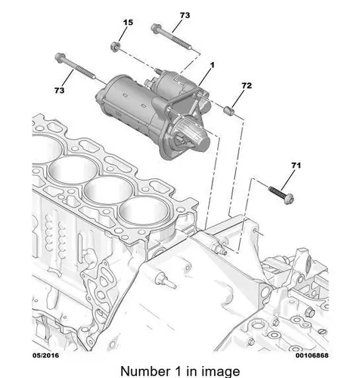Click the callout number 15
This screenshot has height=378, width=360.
click(x=128, y=23)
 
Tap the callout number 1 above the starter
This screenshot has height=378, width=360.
click(x=213, y=65)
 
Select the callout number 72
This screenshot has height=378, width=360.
click(x=247, y=85)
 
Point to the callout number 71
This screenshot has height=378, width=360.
click(x=296, y=166)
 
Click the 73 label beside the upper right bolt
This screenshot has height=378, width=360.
click(x=185, y=15)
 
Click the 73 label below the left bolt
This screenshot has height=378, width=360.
click(x=60, y=90)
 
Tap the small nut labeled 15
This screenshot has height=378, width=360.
click(x=115, y=47)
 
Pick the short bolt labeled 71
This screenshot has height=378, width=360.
click(x=281, y=194)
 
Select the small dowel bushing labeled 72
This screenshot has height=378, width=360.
click(x=229, y=110)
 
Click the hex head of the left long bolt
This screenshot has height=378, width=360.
click(x=61, y=57)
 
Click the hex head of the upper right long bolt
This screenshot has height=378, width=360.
click(x=156, y=28)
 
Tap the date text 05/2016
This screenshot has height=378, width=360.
click(x=45, y=355)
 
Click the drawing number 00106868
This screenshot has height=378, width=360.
click(x=312, y=355)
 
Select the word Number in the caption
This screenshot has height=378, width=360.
click(x=145, y=371)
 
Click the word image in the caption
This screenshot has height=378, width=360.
click(x=218, y=372)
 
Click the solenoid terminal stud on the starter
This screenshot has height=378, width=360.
click(x=158, y=72)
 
